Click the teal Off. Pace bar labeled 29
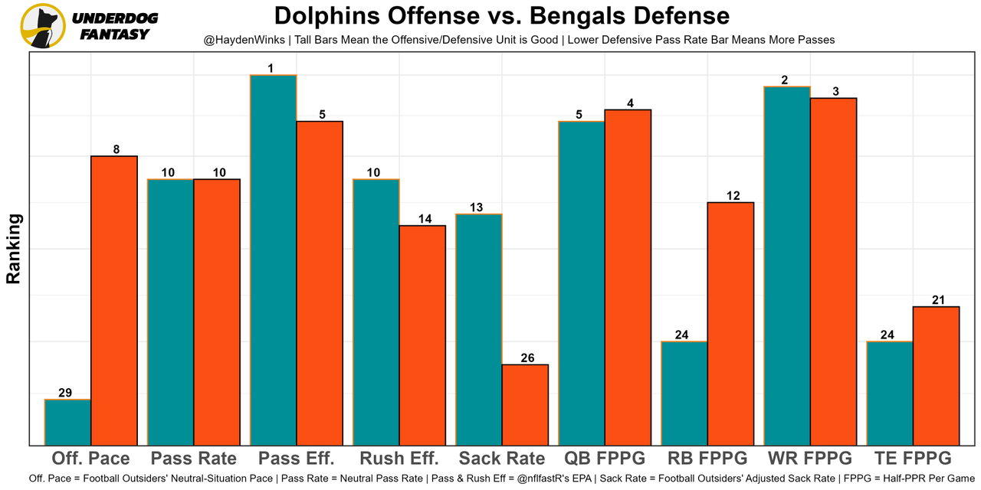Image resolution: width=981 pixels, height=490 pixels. [67, 422]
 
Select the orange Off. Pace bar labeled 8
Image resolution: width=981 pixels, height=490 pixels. [113, 300]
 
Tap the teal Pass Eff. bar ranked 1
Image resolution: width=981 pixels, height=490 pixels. [273, 260]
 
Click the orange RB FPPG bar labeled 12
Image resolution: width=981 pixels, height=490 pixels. [730, 323]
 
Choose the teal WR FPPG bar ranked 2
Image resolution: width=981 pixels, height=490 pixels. [787, 266]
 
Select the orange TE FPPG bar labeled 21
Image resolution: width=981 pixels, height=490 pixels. [936, 375]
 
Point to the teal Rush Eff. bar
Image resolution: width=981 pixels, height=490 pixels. [376, 312]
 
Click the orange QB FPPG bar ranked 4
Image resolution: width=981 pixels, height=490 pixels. [628, 277]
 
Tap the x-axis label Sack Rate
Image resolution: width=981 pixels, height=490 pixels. [502, 459]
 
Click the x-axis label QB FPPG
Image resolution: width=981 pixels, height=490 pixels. [605, 459]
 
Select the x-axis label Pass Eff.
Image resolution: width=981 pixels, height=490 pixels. [297, 459]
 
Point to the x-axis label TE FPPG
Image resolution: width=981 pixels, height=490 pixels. [913, 459]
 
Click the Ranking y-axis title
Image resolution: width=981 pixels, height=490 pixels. [14, 249]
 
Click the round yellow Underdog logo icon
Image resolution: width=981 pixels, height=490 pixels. [42, 25]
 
